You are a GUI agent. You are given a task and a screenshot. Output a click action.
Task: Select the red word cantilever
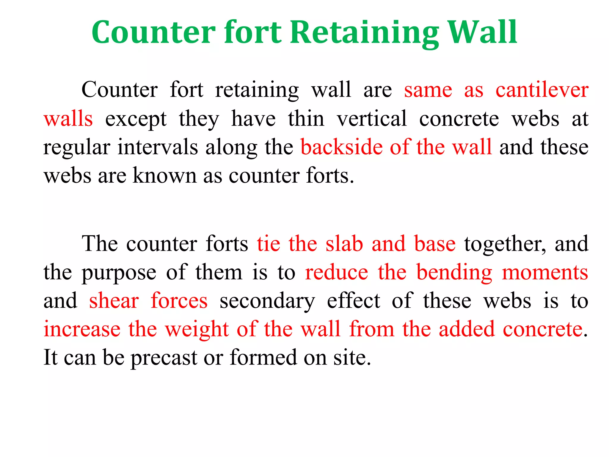coord(542,90)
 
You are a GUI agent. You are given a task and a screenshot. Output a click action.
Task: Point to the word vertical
coord(371,119)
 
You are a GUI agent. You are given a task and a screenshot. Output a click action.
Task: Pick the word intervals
coord(158,147)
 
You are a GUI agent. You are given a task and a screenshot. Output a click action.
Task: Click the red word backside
coord(341,147)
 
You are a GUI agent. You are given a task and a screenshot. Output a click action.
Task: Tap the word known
coord(164,176)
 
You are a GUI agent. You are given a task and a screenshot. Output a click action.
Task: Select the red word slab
coord(344,244)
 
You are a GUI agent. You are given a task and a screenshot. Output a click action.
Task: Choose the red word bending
coord(454,273)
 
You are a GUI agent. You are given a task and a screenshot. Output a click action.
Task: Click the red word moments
coord(545,273)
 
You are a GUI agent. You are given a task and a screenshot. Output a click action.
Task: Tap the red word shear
coord(114,301)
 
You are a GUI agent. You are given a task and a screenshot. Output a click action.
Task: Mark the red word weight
coord(197,330)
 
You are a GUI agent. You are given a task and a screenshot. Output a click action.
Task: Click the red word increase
coord(82,330)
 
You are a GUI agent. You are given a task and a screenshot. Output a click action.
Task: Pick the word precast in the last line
coord(164,358)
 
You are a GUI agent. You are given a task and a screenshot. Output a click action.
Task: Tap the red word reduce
coord(337,273)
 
